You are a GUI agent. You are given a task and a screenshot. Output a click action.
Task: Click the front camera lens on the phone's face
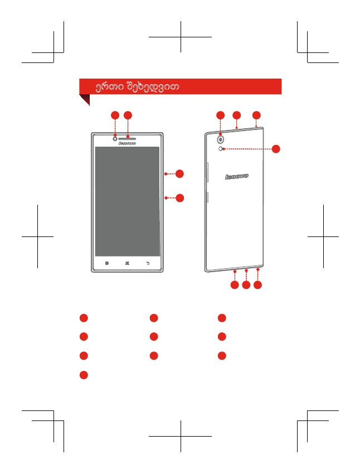[x=115, y=138]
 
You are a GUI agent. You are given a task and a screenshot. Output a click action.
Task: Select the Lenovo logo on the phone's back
[x=237, y=177]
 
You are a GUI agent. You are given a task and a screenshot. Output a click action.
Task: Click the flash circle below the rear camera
[x=222, y=149]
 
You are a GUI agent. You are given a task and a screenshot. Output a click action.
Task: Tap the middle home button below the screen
[x=127, y=263]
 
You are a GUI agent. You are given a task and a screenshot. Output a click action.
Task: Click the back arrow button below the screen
[x=148, y=263]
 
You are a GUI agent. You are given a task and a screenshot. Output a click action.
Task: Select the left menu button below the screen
[x=106, y=263]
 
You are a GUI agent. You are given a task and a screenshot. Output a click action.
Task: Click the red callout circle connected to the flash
[x=276, y=149]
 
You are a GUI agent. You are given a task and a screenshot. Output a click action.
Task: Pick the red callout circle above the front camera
[x=115, y=115]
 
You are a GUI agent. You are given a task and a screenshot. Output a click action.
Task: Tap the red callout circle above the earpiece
[x=128, y=115]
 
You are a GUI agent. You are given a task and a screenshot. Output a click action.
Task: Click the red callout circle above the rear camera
[x=221, y=115]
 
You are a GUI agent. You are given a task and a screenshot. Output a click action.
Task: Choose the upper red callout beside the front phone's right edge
[x=179, y=173]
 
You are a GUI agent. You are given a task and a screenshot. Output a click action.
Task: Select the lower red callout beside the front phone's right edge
[x=179, y=197]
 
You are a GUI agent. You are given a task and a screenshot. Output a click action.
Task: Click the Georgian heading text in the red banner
[x=137, y=87]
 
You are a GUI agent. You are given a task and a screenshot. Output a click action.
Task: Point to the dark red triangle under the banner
[x=85, y=99]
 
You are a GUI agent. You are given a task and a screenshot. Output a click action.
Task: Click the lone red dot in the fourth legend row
[x=83, y=375]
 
